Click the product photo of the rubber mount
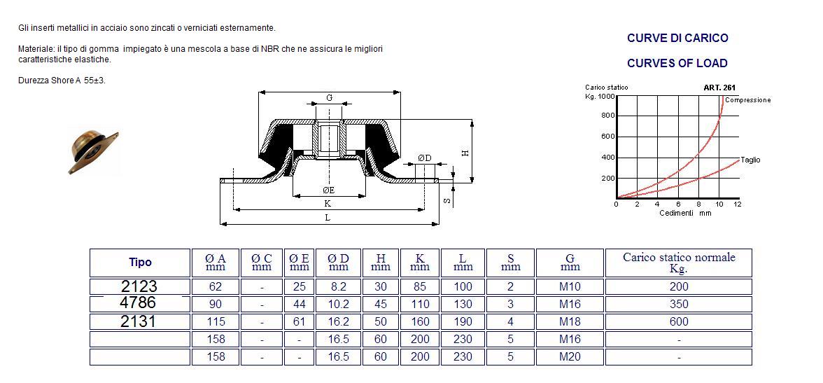coord(93,151)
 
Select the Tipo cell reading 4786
coord(138,303)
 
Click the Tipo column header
coord(140,263)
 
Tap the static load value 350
coord(678,304)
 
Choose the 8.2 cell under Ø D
coord(338,286)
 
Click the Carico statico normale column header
coord(678,263)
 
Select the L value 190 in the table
coord(463,321)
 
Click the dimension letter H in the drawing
coord(465,152)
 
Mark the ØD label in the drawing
coord(424,158)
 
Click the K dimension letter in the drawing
coord(328,203)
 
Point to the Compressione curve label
coord(747,100)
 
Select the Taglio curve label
coord(750,160)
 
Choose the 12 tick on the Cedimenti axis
coord(737,204)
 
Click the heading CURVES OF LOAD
coord(677,63)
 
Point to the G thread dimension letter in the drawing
coord(329,98)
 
